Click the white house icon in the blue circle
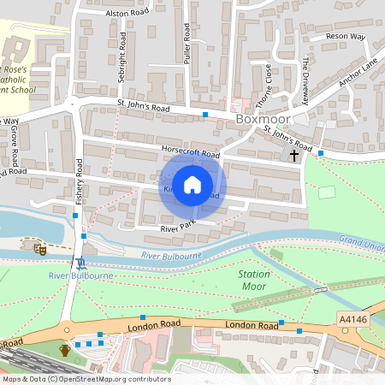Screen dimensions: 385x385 (192, 185)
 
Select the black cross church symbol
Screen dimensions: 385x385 (295, 156)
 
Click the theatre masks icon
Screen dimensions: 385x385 (39, 249)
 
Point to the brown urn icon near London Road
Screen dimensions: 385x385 (64, 349)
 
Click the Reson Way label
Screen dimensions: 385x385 (345, 38)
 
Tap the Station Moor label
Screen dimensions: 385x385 (255, 281)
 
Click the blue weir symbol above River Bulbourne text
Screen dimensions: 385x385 (80, 263)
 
